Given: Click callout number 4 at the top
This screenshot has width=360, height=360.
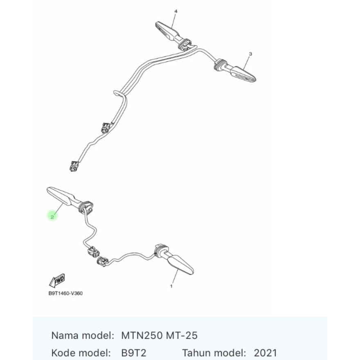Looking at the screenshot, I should tap(176, 11).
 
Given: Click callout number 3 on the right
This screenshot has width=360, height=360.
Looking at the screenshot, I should tap(250, 54).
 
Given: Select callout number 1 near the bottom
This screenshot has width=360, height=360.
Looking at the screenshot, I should tap(171, 286).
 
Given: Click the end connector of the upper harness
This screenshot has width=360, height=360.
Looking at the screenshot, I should tap(74, 166).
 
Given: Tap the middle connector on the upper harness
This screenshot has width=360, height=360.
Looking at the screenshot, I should tap(106, 128).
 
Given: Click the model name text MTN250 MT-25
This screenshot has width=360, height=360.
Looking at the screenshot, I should tap(160, 336).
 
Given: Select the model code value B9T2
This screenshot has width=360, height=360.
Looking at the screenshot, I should tap(133, 353).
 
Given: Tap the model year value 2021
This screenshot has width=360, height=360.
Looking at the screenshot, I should tap(265, 353).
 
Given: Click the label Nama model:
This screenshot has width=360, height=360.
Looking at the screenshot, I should tap(82, 336).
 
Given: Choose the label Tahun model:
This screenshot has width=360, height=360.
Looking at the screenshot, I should tap(214, 353).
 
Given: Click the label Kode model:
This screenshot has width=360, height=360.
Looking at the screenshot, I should tap(81, 353).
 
